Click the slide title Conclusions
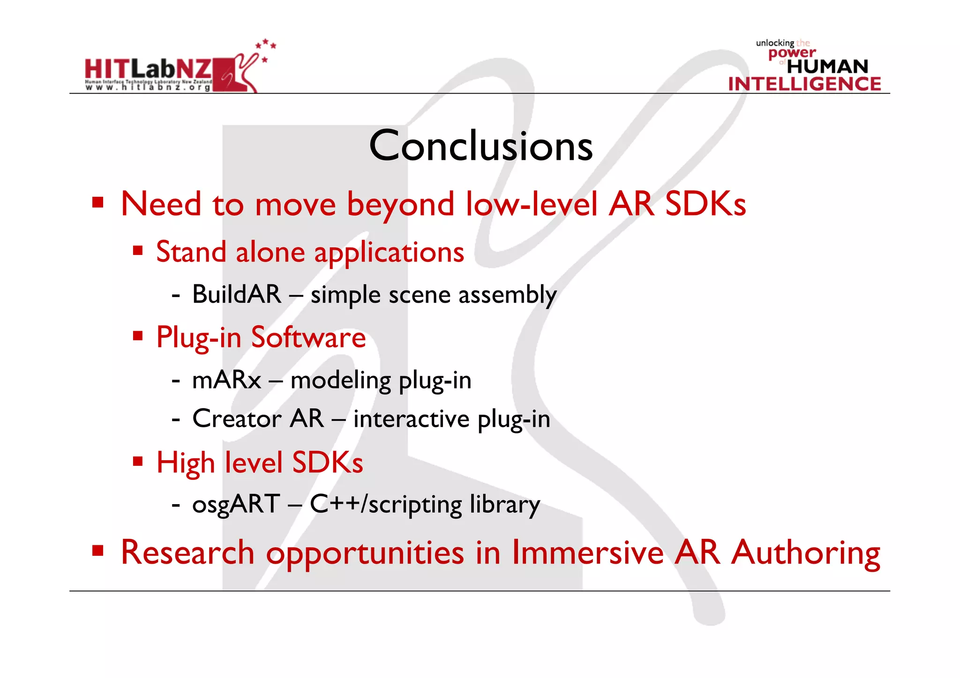[x=480, y=146]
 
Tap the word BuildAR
[x=237, y=295]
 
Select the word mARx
[x=226, y=380]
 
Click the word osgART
[x=236, y=505]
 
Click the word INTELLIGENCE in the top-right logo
[x=804, y=84]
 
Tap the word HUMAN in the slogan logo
[x=827, y=67]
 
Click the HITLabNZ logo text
[x=148, y=69]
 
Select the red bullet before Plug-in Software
[x=137, y=335]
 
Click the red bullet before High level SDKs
[x=137, y=462]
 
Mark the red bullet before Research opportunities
[x=97, y=550]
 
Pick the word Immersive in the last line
[x=587, y=552]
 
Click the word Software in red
[x=308, y=337]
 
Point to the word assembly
[x=507, y=296]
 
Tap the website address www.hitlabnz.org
[x=148, y=87]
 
